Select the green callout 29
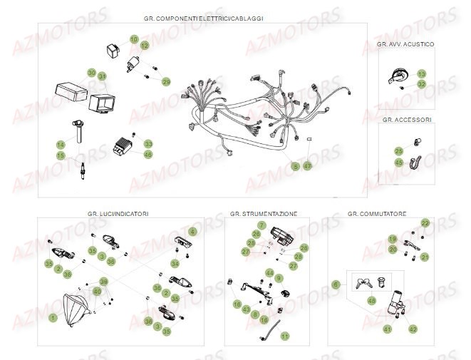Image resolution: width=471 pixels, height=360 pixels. coord(167,82)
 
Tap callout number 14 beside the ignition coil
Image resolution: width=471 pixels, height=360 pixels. coord(61,145)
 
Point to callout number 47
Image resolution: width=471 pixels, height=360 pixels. coord(308,165)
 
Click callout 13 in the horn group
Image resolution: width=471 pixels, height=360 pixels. coord(421,74)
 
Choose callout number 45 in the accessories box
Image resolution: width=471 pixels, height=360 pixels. coord(400,163)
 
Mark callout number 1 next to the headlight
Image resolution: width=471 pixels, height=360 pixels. coord(52,316)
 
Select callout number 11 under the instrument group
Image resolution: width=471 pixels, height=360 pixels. coord(285,336)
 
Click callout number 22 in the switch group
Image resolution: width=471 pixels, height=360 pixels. coord(425,223)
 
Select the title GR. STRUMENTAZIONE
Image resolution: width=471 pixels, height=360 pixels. coord(264,213)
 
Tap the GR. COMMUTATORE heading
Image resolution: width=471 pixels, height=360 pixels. coord(377,213)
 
